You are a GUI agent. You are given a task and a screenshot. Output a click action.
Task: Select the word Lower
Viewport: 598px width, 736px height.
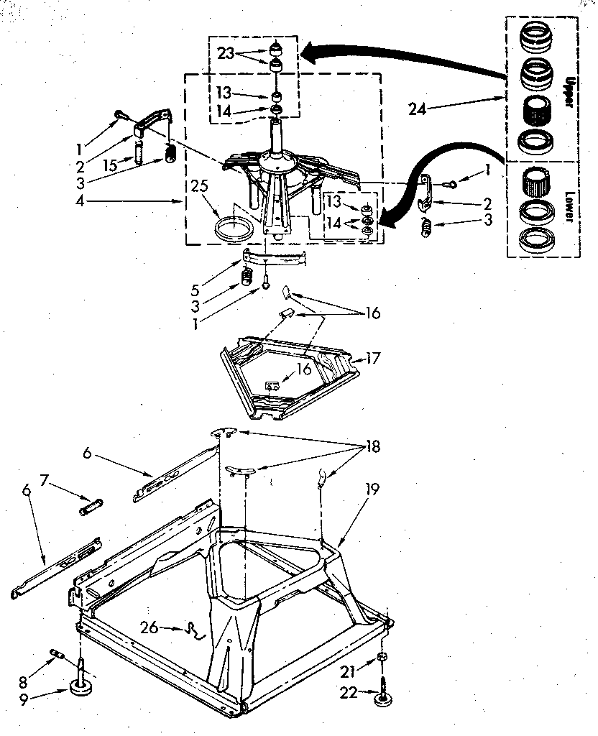tap(568, 208)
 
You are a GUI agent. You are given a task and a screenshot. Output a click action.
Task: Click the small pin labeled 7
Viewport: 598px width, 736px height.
tap(92, 507)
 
